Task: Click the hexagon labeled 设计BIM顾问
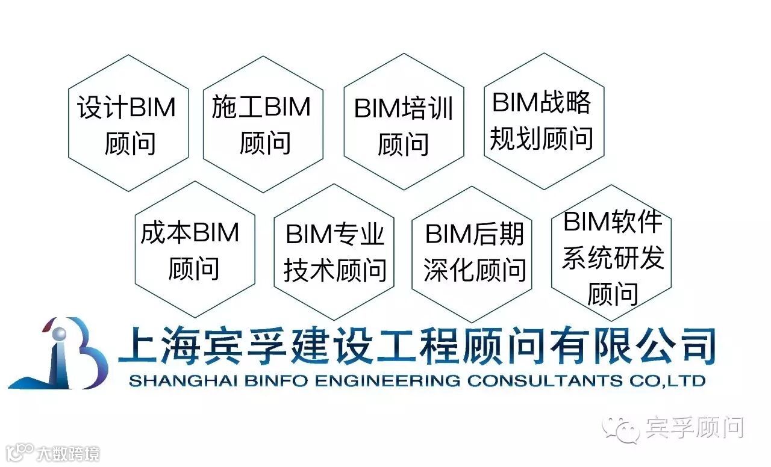pos(128,124)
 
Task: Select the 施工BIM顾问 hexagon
pos(263,124)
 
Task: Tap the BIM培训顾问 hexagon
pos(404,123)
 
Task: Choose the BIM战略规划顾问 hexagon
pos(543,121)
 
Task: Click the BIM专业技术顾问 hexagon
pos(334,252)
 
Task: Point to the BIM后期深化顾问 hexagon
pos(472,253)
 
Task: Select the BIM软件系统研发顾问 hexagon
pos(611,253)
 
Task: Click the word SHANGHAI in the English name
pos(166,381)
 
